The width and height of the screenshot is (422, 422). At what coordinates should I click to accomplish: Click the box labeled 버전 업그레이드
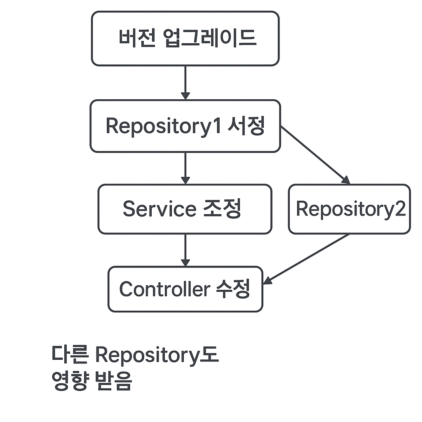[x=185, y=38]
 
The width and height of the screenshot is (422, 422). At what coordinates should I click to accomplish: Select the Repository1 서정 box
[x=185, y=126]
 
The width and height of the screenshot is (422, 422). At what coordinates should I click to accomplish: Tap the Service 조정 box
[x=185, y=209]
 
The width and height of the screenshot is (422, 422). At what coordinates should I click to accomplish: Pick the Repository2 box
[x=349, y=209]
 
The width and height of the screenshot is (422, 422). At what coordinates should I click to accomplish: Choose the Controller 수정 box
[x=185, y=289]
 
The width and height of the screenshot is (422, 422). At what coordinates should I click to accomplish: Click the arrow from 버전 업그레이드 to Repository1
[x=185, y=82]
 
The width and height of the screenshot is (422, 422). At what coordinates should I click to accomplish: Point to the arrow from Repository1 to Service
[x=185, y=168]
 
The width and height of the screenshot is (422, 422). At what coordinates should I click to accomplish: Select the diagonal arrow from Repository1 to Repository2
[x=315, y=155]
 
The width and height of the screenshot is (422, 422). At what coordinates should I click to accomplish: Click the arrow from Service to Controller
[x=185, y=250]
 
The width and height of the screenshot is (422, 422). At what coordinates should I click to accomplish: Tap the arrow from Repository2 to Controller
[x=306, y=259]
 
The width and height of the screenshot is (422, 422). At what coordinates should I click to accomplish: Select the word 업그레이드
[x=210, y=38]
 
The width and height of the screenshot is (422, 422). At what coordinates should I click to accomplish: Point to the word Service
[x=159, y=209]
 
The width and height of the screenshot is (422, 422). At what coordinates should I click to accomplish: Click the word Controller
[x=165, y=289]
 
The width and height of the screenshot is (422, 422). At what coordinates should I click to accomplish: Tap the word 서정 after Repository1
[x=246, y=126]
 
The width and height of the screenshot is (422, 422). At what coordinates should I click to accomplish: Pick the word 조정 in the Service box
[x=222, y=209]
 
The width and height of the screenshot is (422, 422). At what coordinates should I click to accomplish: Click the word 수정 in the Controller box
[x=233, y=289]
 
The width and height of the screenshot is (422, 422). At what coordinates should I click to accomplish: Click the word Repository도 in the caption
[x=157, y=355]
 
